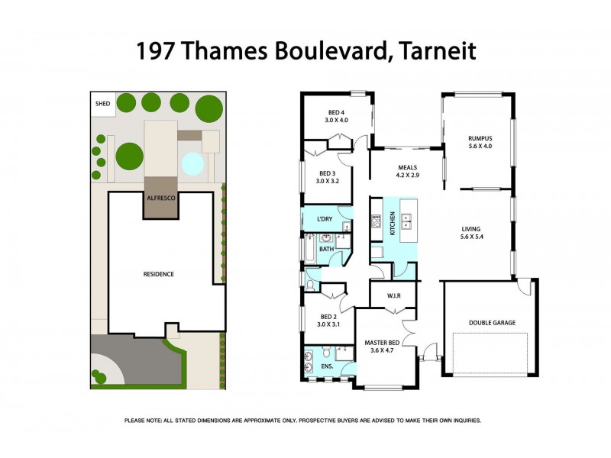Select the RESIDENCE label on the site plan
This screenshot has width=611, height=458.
click(159, 274)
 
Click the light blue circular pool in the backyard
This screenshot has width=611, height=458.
click(192, 163)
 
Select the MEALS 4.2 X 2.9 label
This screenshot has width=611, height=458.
click(407, 172)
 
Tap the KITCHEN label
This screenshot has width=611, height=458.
click(393, 223)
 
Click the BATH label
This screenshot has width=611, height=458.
click(326, 249)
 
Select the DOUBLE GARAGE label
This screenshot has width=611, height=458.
click(492, 323)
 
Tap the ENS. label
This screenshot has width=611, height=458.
click(327, 366)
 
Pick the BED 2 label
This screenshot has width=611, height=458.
click(328, 320)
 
